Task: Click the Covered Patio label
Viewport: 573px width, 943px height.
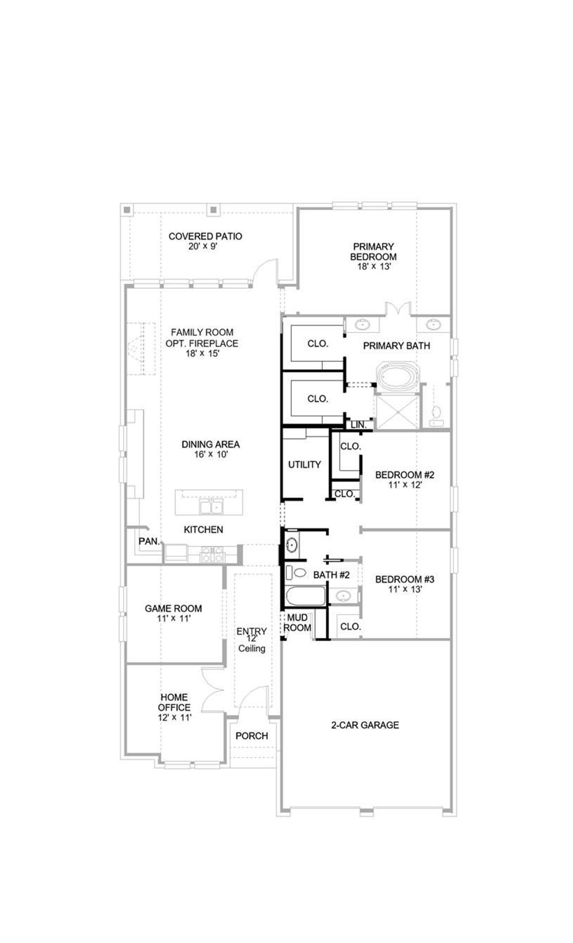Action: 205,236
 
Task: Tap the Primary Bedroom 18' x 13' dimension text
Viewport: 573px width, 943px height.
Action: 373,267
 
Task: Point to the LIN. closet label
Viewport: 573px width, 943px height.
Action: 358,425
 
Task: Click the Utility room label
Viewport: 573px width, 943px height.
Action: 304,465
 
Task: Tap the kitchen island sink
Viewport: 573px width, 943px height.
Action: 212,508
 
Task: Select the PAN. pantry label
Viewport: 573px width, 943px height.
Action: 149,541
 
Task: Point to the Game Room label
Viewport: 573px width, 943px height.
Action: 173,608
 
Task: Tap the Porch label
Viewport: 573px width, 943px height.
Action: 252,736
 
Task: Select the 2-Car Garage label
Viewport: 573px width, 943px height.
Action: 365,725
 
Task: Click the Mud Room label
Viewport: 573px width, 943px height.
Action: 297,623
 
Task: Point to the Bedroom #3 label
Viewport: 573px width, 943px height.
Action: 405,580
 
